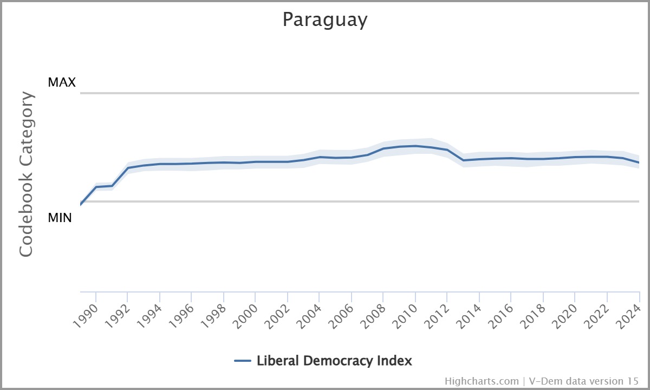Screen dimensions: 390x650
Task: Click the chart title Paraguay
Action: (325, 20)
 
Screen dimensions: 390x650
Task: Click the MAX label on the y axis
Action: (62, 82)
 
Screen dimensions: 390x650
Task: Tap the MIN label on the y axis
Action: (60, 218)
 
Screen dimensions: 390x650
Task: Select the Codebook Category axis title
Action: (27, 174)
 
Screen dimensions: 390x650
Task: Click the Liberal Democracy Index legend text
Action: (334, 361)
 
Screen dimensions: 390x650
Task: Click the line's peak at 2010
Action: (415, 146)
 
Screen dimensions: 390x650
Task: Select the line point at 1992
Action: (128, 168)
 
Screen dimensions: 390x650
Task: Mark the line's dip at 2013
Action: (464, 160)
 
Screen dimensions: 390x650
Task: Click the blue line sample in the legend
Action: (243, 361)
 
